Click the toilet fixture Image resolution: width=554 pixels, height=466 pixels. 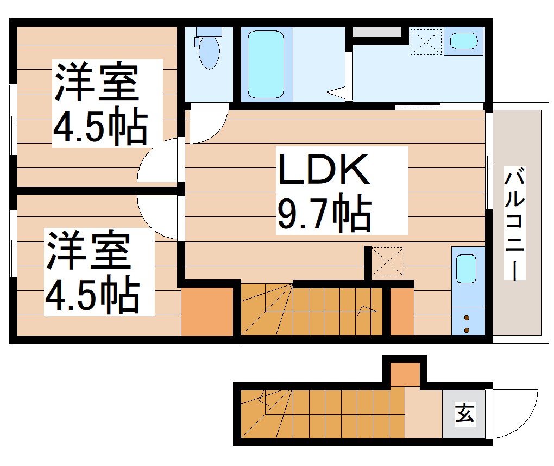[208, 49]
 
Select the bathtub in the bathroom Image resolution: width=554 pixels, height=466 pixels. [266, 64]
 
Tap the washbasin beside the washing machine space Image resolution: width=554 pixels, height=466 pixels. [464, 41]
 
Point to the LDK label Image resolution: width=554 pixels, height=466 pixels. [324, 170]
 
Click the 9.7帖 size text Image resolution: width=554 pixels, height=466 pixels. [324, 213]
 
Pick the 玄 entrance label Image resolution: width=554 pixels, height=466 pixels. [464, 414]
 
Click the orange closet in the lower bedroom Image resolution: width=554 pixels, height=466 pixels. [206, 311]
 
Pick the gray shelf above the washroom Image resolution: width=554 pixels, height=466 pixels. [377, 32]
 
